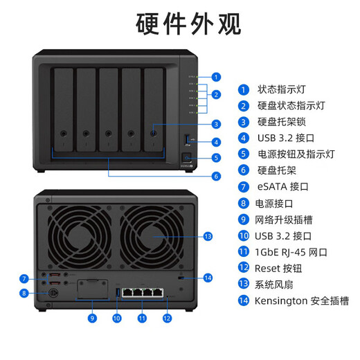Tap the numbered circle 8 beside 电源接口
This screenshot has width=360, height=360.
click(243, 204)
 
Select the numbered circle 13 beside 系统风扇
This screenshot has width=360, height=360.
click(243, 285)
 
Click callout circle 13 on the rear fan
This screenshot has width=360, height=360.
click(208, 237)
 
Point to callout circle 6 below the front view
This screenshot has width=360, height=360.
click(216, 177)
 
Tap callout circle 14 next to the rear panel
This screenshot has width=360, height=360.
click(208, 278)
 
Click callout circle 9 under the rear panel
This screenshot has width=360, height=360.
click(92, 318)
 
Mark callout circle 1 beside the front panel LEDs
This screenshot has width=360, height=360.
click(216, 77)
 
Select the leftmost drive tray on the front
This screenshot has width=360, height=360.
click(64, 107)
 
